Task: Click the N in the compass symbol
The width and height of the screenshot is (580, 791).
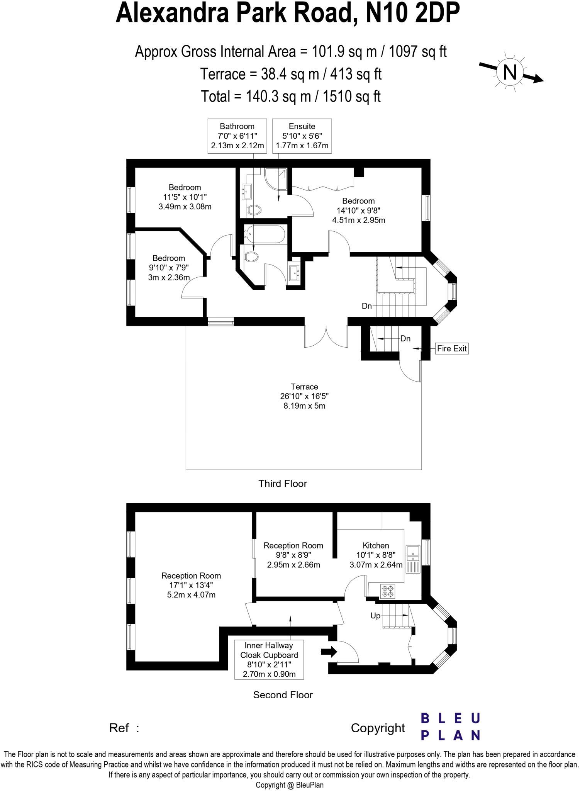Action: coord(510,72)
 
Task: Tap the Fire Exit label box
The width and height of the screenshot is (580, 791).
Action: coord(452,348)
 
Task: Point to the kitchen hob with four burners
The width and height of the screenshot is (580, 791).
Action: coord(388,591)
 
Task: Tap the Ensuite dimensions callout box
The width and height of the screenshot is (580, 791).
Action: coord(302,136)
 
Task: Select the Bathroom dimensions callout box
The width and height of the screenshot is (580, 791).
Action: coord(237,136)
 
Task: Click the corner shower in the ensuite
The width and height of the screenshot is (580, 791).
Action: coord(276,179)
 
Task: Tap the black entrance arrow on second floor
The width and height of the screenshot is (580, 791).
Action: coord(329,652)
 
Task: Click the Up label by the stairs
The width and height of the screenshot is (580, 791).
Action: coord(375,616)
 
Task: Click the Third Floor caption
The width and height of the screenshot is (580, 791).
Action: coord(283,484)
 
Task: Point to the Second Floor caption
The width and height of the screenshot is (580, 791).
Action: coord(283,695)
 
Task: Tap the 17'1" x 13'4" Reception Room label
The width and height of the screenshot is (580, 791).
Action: coord(191,585)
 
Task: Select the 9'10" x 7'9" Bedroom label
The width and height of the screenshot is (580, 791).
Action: coord(169,268)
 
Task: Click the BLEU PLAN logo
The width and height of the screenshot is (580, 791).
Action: coord(450,726)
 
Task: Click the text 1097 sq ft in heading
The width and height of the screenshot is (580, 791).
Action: coord(417,51)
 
